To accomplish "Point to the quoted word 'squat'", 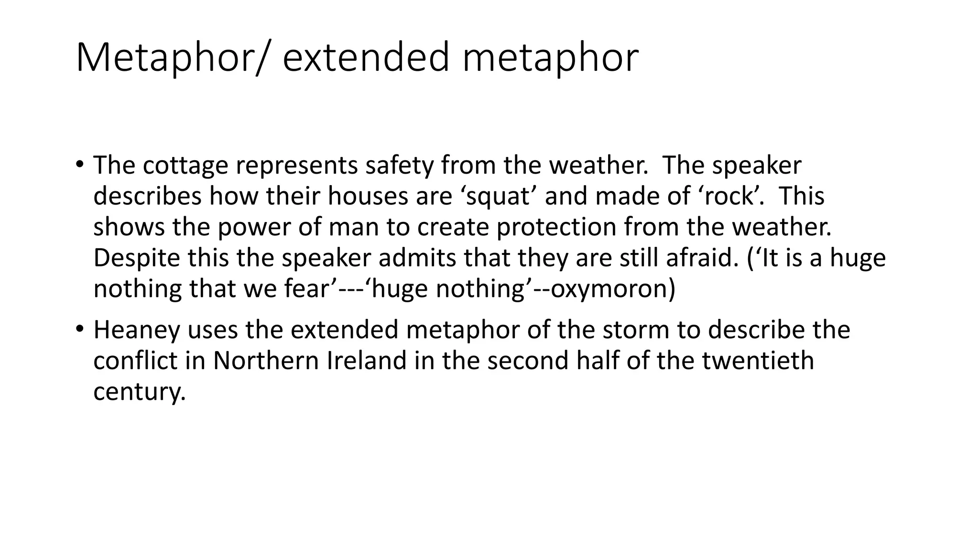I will [x=499, y=197].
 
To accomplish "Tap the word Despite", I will [x=137, y=258].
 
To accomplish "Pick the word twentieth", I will [x=758, y=361].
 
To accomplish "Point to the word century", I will [x=139, y=392].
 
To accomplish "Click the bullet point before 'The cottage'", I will [x=79, y=166].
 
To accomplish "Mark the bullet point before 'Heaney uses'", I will [x=79, y=330].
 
